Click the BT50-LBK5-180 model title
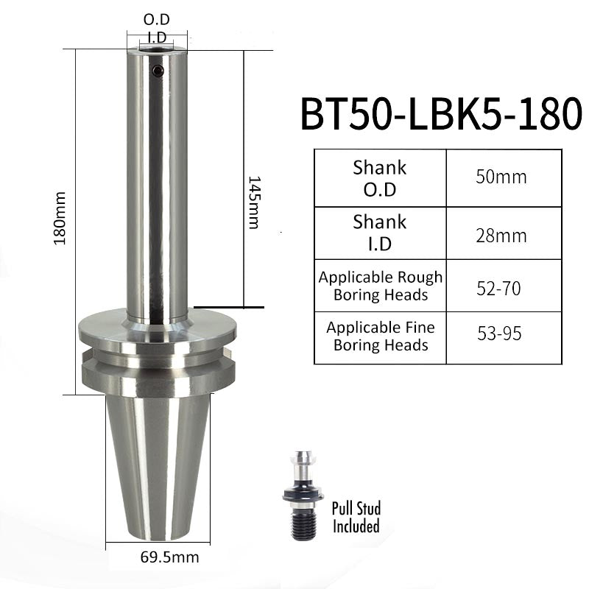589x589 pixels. click(x=441, y=113)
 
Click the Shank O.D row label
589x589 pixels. click(x=380, y=178)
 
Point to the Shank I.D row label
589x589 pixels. click(x=380, y=233)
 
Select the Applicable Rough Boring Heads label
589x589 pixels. click(x=381, y=286)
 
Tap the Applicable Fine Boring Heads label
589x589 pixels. click(x=381, y=336)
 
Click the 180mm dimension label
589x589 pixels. click(x=60, y=218)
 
